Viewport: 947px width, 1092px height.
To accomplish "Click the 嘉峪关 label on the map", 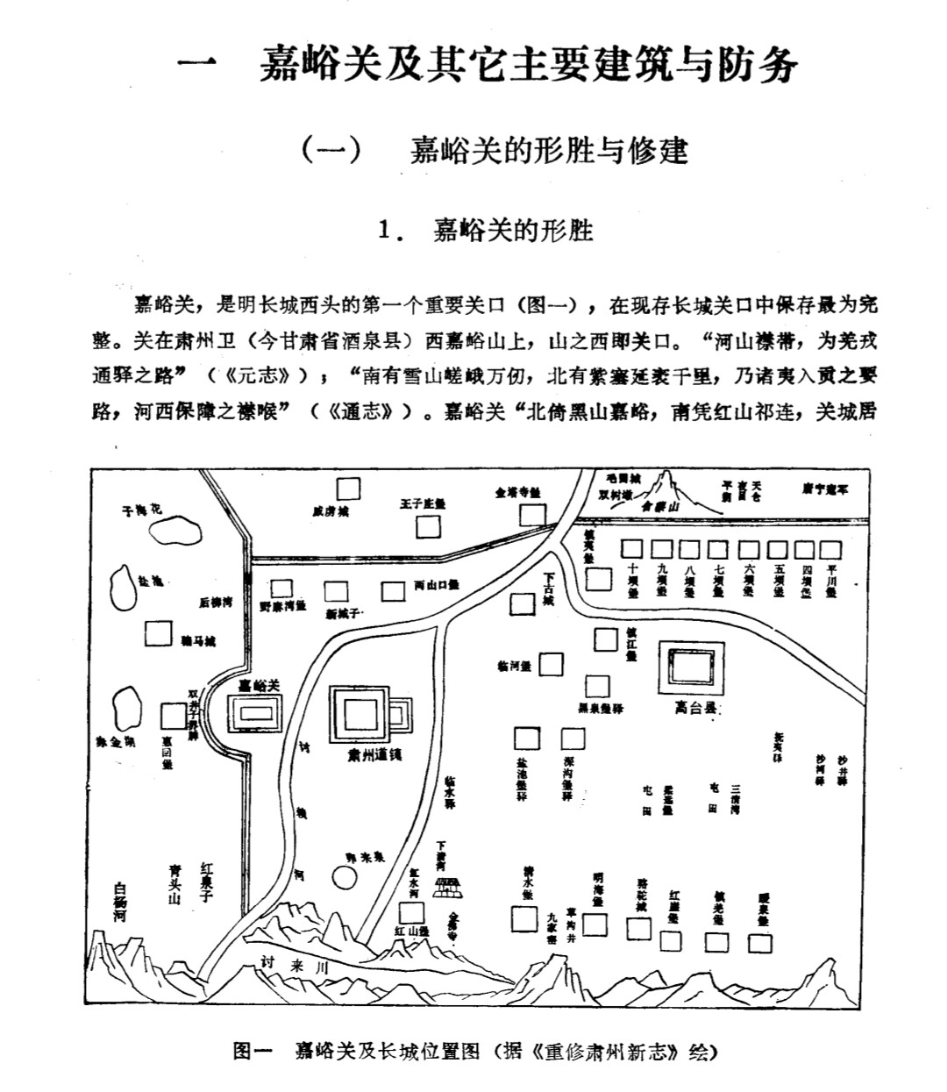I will click(x=259, y=684).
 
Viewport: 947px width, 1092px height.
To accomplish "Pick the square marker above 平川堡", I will click(x=831, y=549).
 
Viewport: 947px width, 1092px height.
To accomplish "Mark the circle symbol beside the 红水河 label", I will click(x=344, y=875).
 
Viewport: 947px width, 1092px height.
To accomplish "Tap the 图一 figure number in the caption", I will click(x=254, y=1051).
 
